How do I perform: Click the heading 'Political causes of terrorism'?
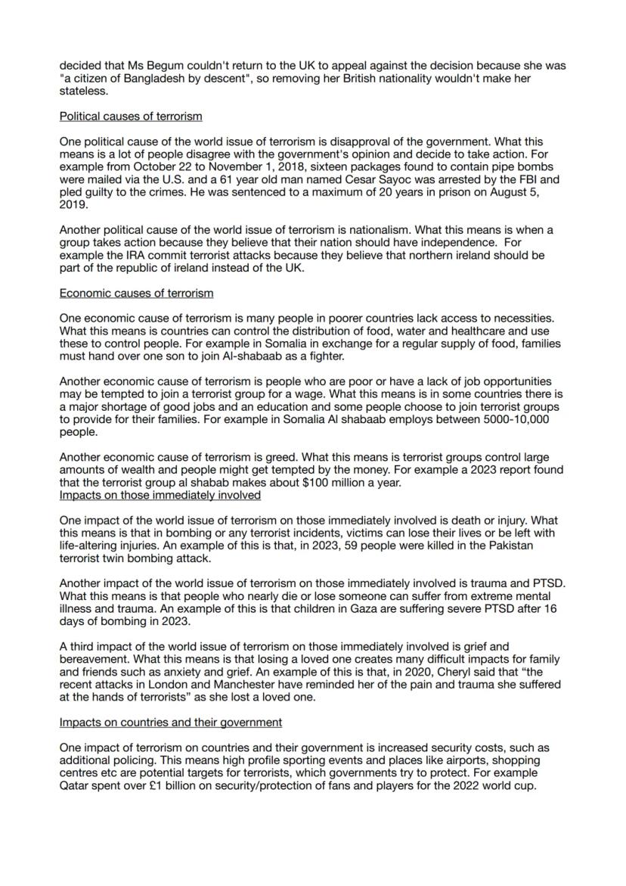coord(130,117)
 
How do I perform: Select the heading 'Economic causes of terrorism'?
coord(136,293)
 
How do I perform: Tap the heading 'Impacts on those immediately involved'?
coord(160,495)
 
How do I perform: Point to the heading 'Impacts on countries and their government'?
coord(171,722)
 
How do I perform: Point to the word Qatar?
coord(76,785)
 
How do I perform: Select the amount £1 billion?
coord(184,785)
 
